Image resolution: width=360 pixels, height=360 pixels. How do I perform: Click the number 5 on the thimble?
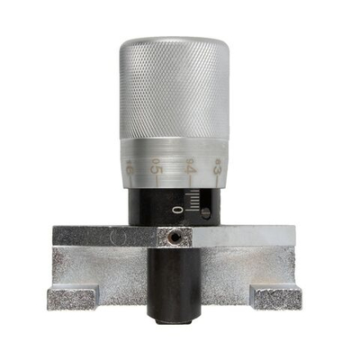tap(156, 166)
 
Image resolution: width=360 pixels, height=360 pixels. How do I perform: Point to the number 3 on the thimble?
tap(218, 166)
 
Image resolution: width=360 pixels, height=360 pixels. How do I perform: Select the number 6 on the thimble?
tap(131, 166)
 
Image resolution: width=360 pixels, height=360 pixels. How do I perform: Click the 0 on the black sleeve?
tap(177, 210)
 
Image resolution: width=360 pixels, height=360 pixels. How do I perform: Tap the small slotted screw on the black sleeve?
tap(205, 213)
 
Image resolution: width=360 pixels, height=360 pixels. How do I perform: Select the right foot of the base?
tap(274, 296)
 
